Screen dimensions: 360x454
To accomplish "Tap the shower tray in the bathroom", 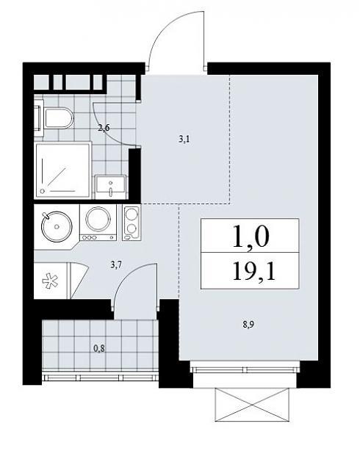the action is (x=63, y=170).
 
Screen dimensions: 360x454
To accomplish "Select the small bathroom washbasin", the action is (x=111, y=187).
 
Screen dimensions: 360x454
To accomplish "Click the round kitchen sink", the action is (x=57, y=226).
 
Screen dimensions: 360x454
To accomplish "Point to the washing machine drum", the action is (x=98, y=219).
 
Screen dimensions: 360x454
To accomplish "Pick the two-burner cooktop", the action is (x=132, y=223).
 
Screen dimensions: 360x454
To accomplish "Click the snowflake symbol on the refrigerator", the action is (x=51, y=281).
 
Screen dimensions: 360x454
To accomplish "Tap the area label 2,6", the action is (x=104, y=127).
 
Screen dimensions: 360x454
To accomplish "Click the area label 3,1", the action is (x=184, y=140).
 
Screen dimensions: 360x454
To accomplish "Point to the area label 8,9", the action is (x=248, y=325).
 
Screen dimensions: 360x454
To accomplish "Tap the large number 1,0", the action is (x=251, y=236).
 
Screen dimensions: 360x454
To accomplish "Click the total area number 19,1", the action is (x=253, y=271).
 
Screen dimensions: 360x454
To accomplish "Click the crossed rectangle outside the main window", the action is (x=252, y=405).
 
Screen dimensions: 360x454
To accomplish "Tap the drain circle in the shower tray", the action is (x=43, y=192).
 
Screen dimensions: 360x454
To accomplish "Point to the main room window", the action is (x=245, y=370).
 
